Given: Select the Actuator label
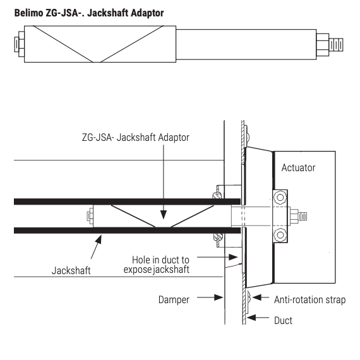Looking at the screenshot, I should [x=298, y=168].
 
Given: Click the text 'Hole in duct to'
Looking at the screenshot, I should [x=160, y=260].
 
